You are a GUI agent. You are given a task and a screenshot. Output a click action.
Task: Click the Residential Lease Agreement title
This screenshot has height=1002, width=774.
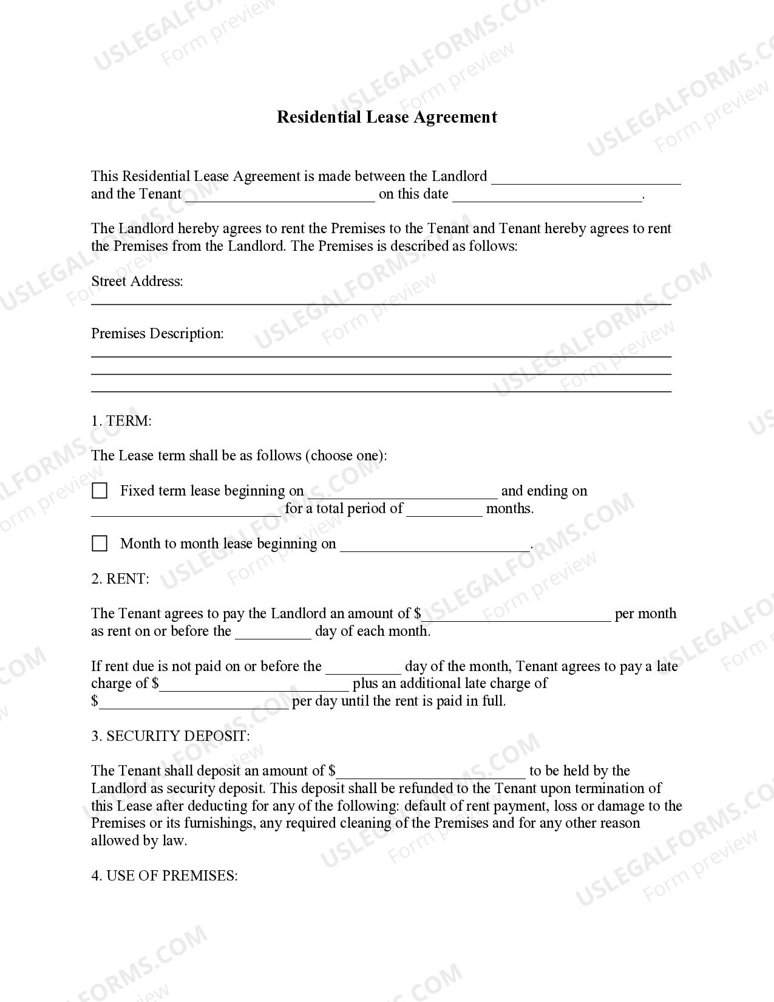387,117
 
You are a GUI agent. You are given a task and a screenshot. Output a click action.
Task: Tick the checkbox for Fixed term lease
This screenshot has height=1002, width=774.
100,491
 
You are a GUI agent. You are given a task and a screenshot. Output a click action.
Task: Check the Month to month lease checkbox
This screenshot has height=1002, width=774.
100,544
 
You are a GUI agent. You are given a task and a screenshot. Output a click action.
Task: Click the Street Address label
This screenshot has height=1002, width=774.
137,281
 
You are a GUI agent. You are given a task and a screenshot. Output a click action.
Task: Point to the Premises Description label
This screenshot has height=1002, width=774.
157,333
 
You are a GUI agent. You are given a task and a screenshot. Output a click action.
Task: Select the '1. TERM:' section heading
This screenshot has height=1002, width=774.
121,421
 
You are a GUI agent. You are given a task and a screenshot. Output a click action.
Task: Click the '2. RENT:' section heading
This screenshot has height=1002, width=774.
120,579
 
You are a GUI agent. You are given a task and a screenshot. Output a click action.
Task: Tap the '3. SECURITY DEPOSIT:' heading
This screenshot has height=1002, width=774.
171,736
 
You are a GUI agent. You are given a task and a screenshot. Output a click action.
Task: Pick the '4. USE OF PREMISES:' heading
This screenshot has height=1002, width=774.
165,876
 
